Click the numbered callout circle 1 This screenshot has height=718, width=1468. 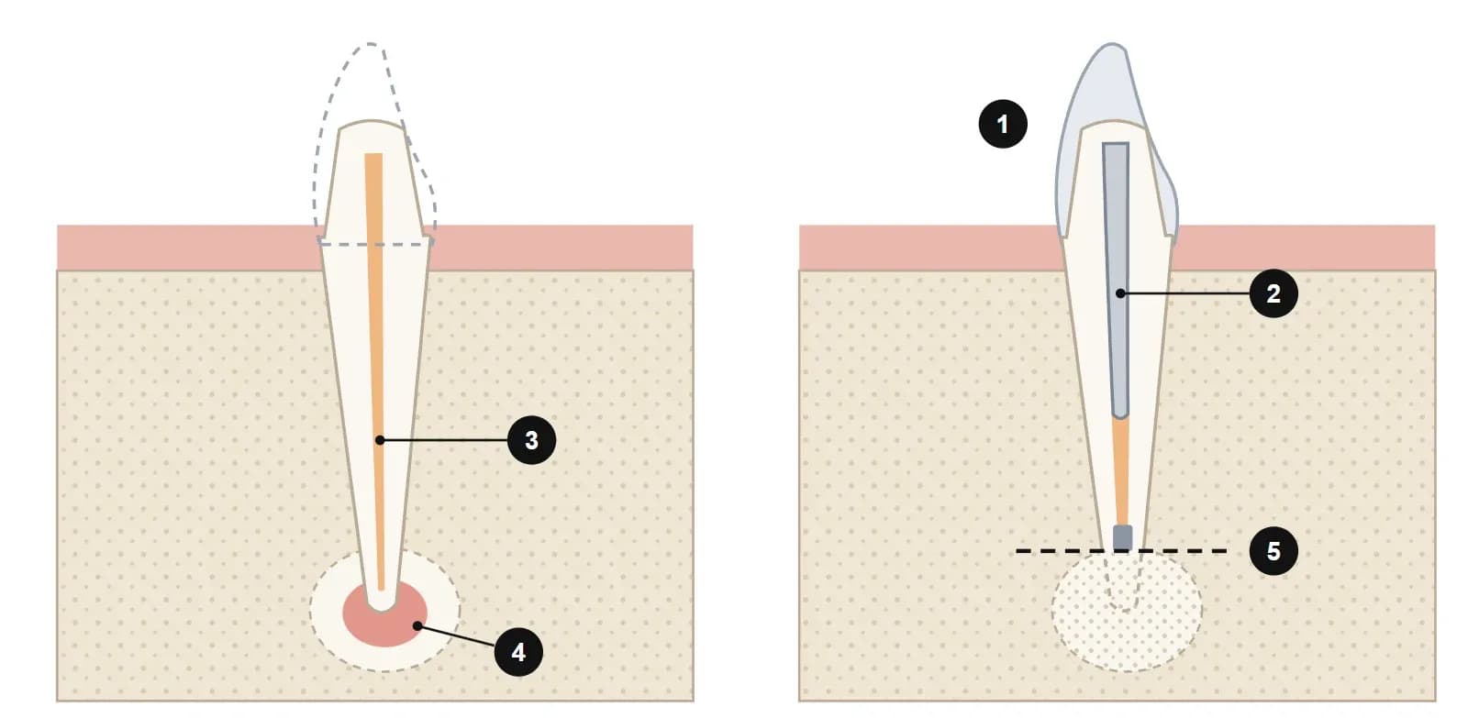click(1003, 124)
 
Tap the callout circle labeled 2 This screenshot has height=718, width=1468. click(1273, 293)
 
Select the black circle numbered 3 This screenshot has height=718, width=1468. click(531, 440)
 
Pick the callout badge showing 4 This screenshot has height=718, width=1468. click(518, 652)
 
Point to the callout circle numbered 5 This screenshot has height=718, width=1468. click(1273, 551)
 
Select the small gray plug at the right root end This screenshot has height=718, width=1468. click(1123, 538)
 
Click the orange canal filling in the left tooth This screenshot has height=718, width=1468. click(375, 371)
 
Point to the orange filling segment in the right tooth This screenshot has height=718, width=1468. click(1121, 471)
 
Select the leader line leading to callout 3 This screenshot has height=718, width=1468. click(444, 440)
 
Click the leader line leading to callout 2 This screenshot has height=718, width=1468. click(1184, 293)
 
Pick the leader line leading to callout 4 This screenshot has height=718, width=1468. click(456, 636)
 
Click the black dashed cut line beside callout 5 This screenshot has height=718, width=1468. click(1120, 551)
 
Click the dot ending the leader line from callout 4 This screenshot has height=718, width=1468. click(417, 626)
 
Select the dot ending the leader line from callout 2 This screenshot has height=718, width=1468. click(1120, 293)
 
